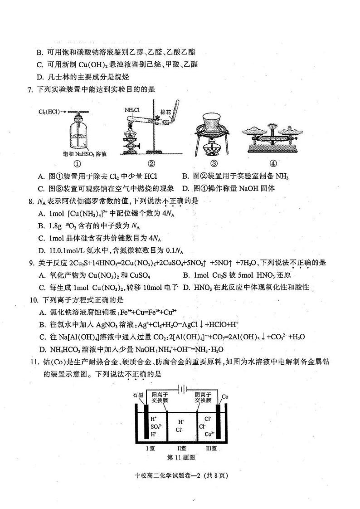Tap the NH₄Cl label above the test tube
point(132,110)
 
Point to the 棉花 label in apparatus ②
point(165,112)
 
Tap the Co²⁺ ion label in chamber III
point(209,434)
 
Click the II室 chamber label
point(180,448)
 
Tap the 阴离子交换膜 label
point(203,397)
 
